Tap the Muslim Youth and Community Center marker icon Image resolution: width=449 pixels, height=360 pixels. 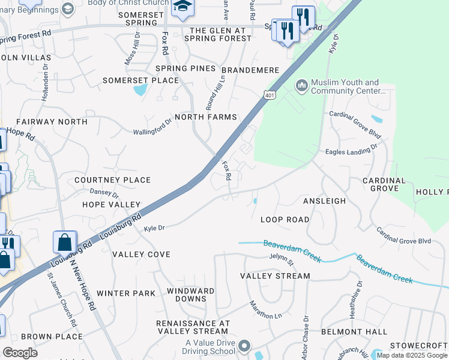301,86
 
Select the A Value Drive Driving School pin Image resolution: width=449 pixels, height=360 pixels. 244,346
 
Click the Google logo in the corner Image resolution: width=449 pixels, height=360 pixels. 20,353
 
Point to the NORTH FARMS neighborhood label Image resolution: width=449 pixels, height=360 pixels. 206,117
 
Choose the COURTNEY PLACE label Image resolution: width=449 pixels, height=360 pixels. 112,180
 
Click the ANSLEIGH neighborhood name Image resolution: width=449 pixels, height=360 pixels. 325,202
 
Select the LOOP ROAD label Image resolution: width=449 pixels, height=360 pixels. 285,220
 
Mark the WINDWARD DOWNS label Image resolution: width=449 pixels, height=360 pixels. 190,295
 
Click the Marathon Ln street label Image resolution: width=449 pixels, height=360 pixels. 265,310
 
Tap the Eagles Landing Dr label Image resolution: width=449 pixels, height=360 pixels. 351,149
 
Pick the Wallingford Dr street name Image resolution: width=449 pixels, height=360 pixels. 152,129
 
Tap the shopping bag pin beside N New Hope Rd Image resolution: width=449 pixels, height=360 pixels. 65,242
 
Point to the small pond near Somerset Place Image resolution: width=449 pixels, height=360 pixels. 140,91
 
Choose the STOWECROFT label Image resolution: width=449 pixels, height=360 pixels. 418,346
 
